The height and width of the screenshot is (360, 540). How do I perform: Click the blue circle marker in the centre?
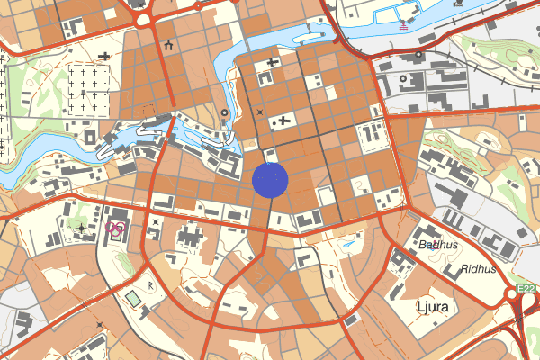(x=270, y=179)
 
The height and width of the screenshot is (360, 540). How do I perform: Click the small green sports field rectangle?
(x=133, y=297)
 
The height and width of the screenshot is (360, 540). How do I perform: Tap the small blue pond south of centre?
(x=347, y=243)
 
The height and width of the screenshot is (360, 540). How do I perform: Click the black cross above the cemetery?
(x=106, y=57)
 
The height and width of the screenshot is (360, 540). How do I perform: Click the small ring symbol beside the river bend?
(x=223, y=112)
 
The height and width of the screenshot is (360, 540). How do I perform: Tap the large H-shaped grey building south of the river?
(x=192, y=238)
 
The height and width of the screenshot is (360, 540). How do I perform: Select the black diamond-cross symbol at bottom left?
(x=98, y=324)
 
